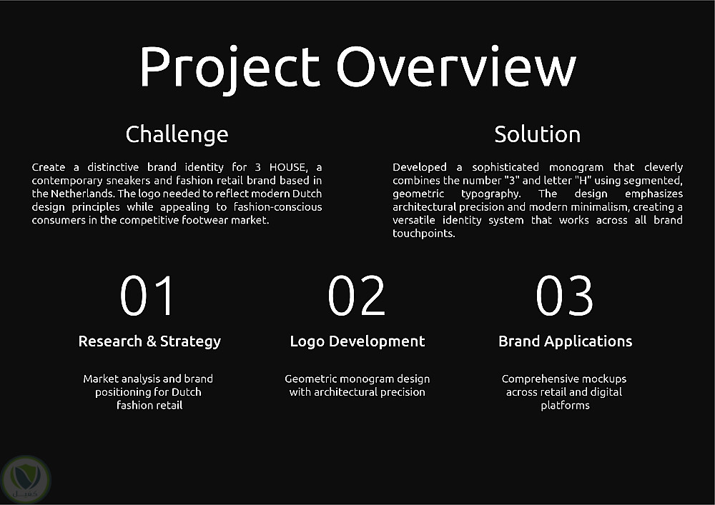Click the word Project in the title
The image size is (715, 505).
[x=229, y=69]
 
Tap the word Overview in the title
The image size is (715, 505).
[x=456, y=66]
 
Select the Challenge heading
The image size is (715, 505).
[x=177, y=135]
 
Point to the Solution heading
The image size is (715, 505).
[x=537, y=134]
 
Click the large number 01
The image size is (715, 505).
[x=147, y=296]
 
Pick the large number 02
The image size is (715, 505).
[x=357, y=296]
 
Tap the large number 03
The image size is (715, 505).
[x=565, y=296]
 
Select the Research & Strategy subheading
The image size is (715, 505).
[x=149, y=341]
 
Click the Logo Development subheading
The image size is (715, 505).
[x=357, y=341]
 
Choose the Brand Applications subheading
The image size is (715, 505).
[x=566, y=341]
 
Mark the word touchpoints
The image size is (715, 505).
[x=423, y=234]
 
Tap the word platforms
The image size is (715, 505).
[x=565, y=406]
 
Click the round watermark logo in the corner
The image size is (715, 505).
[x=26, y=479]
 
